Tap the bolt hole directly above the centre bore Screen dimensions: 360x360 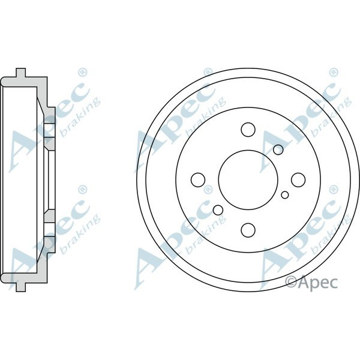[247, 129]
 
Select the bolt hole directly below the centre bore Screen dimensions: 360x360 [247, 229]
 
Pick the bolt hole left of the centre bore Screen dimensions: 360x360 [197, 179]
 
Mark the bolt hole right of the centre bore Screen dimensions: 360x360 [297, 179]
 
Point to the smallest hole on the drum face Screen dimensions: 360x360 [285, 194]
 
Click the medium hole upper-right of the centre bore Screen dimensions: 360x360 [278, 149]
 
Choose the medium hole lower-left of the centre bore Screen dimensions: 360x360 [218, 209]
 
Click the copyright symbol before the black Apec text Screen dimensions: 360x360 [291, 280]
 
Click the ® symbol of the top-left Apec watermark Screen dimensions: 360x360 [83, 73]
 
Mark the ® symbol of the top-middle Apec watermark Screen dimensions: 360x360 [208, 73]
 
